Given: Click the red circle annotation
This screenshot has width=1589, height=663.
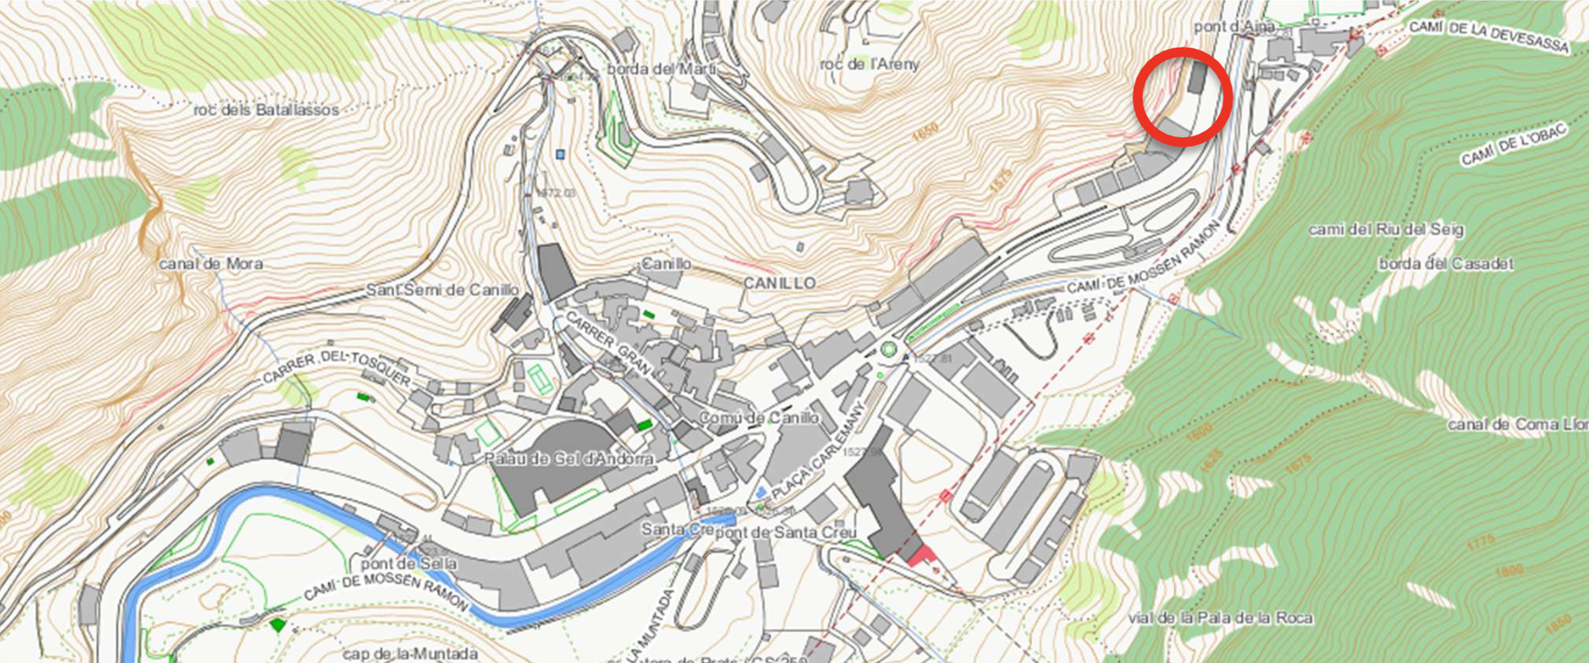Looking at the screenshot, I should pyautogui.click(x=1182, y=98).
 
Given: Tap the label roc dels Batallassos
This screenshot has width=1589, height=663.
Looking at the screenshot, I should pyautogui.click(x=266, y=110).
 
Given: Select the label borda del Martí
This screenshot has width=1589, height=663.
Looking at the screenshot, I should pyautogui.click(x=662, y=69).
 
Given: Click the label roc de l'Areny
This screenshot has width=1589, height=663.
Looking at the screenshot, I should pyautogui.click(x=869, y=64).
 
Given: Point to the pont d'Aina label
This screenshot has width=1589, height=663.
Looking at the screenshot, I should pyautogui.click(x=1233, y=27).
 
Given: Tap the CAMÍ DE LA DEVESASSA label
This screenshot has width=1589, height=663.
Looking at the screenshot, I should pyautogui.click(x=1488, y=36).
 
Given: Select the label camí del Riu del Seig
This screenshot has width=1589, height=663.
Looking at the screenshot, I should pyautogui.click(x=1386, y=229).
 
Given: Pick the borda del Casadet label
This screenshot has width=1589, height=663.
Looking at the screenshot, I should pyautogui.click(x=1446, y=264).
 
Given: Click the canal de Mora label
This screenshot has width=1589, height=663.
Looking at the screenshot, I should pyautogui.click(x=211, y=264).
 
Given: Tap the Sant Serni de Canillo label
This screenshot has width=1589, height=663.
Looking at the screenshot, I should pyautogui.click(x=443, y=289).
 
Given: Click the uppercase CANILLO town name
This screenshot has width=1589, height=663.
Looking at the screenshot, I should pyautogui.click(x=779, y=283).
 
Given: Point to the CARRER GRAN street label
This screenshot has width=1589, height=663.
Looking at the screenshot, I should pyautogui.click(x=609, y=342).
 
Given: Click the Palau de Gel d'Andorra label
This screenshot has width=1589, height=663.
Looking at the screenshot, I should pyautogui.click(x=568, y=458).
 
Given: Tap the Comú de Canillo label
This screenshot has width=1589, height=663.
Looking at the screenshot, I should pyautogui.click(x=759, y=418).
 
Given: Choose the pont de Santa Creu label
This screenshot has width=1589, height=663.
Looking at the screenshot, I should pyautogui.click(x=785, y=532).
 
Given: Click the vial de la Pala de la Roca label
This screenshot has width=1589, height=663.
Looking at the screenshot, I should pyautogui.click(x=1220, y=618).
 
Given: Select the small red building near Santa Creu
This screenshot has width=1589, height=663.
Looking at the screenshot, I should pyautogui.click(x=919, y=556).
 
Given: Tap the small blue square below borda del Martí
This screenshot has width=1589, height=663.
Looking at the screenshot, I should pyautogui.click(x=560, y=155).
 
